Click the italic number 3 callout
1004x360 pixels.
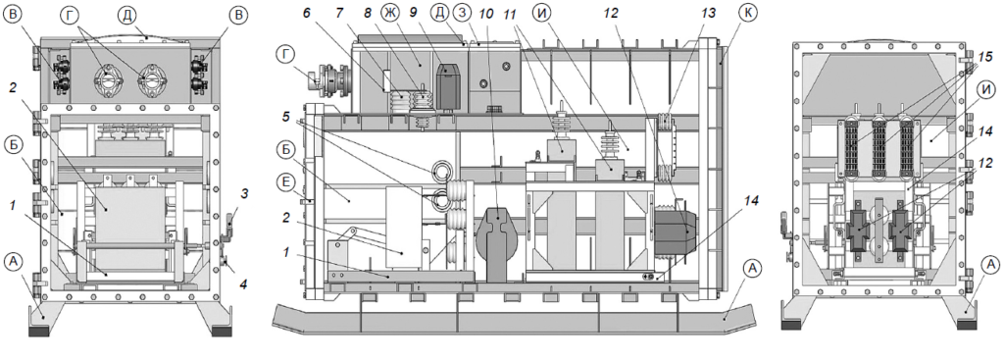244,190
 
